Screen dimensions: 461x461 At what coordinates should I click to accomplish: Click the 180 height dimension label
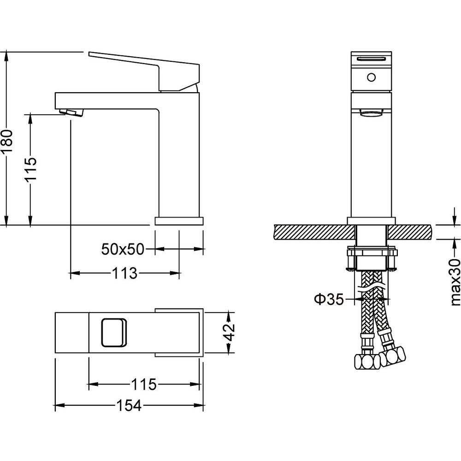[6, 141]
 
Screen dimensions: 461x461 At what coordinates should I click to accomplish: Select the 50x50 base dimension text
[123, 249]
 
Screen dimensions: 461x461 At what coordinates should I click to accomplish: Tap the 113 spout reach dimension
[124, 273]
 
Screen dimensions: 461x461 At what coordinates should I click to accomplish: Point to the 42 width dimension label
[229, 332]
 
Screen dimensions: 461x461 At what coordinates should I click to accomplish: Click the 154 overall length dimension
[129, 406]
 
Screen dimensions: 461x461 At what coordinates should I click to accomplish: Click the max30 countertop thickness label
[455, 282]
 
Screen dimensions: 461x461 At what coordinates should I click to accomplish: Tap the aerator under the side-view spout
[71, 112]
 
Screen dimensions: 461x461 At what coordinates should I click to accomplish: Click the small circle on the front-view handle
[371, 77]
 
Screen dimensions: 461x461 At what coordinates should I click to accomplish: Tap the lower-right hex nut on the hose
[392, 357]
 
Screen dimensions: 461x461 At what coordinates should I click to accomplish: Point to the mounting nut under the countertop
[372, 259]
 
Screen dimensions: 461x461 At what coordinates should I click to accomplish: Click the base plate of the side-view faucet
[179, 221]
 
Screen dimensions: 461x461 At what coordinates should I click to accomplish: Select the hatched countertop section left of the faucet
[314, 232]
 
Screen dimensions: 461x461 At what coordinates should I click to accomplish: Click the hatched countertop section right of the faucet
[411, 232]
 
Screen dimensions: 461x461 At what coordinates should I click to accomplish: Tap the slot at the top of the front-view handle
[371, 59]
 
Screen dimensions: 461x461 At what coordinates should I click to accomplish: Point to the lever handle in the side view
[144, 71]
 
